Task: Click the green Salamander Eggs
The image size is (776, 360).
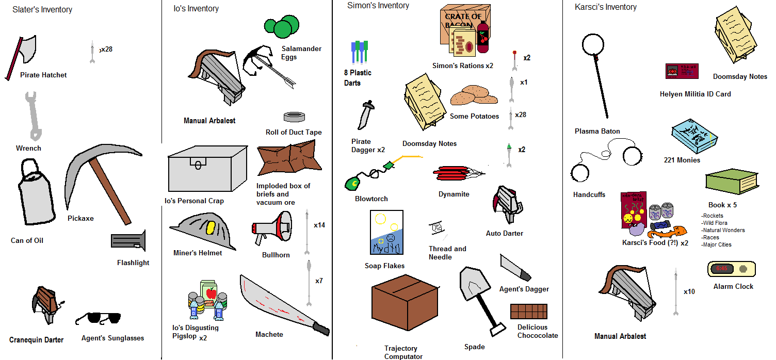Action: tap(281, 26)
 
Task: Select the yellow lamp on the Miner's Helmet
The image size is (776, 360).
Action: tap(211, 227)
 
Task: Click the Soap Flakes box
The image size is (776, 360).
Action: tap(386, 232)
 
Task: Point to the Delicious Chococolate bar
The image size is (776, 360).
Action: tap(529, 312)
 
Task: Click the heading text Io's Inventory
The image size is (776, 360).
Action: tap(196, 9)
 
